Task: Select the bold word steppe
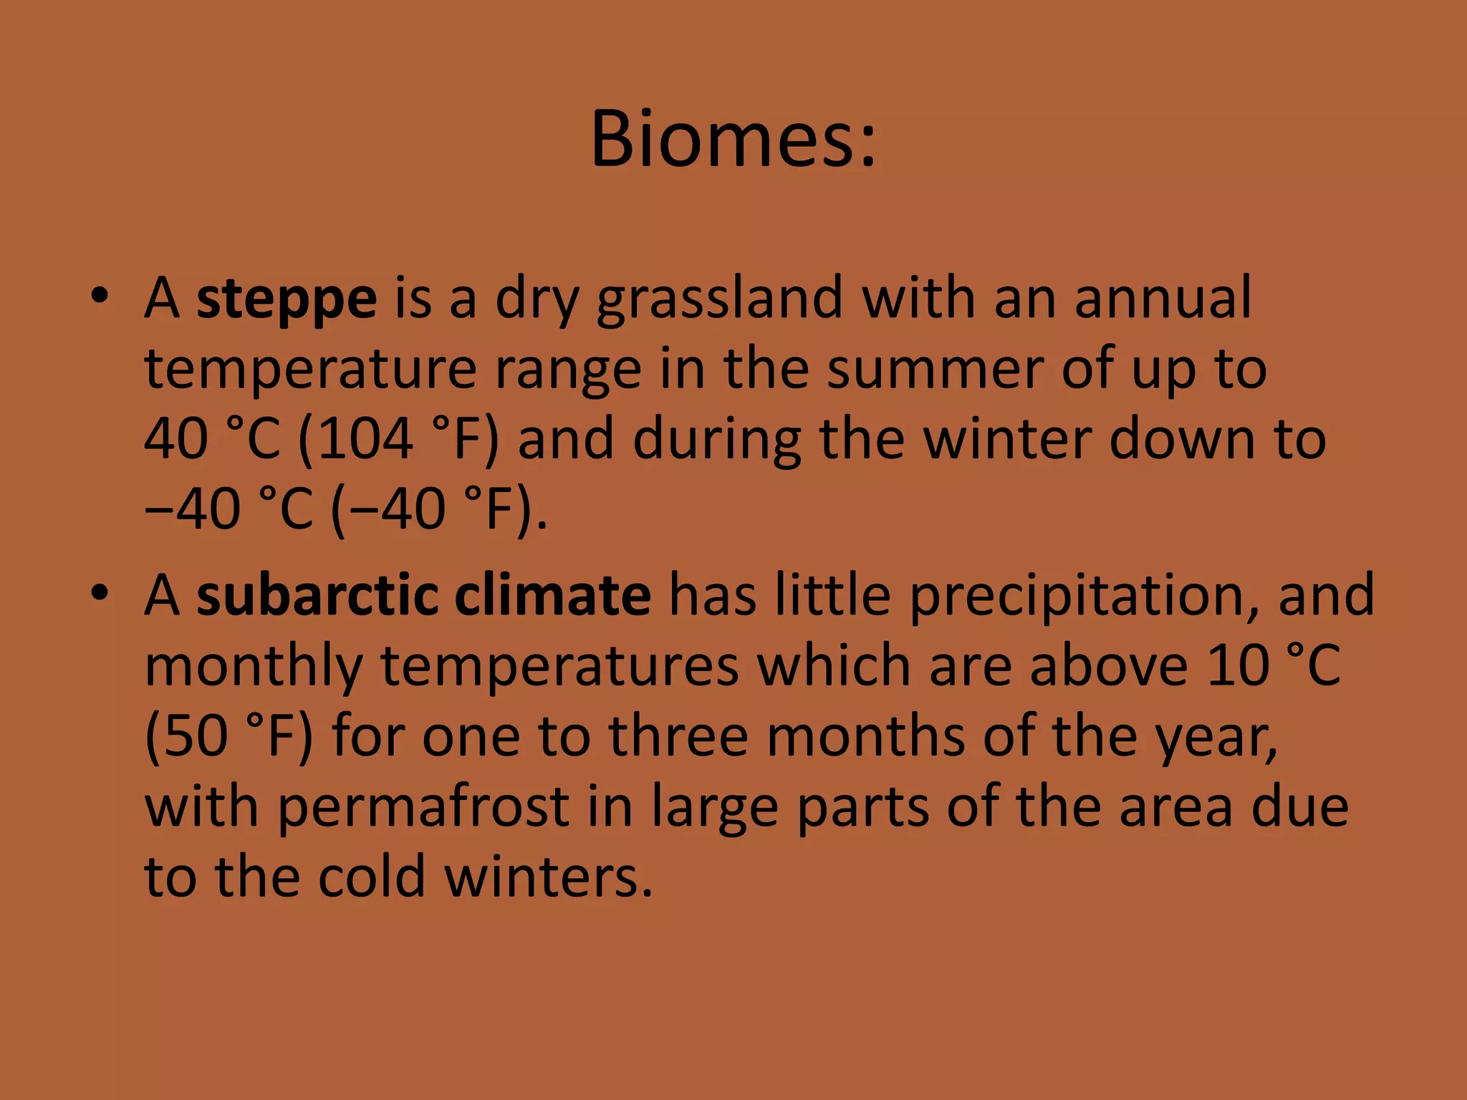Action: click(x=287, y=299)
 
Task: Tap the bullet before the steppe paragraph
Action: click(x=100, y=296)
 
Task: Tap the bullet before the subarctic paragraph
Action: click(x=100, y=593)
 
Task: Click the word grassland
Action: click(x=720, y=299)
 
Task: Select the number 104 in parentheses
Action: click(x=365, y=438)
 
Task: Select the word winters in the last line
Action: click(x=548, y=877)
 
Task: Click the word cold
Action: click(x=372, y=877)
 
